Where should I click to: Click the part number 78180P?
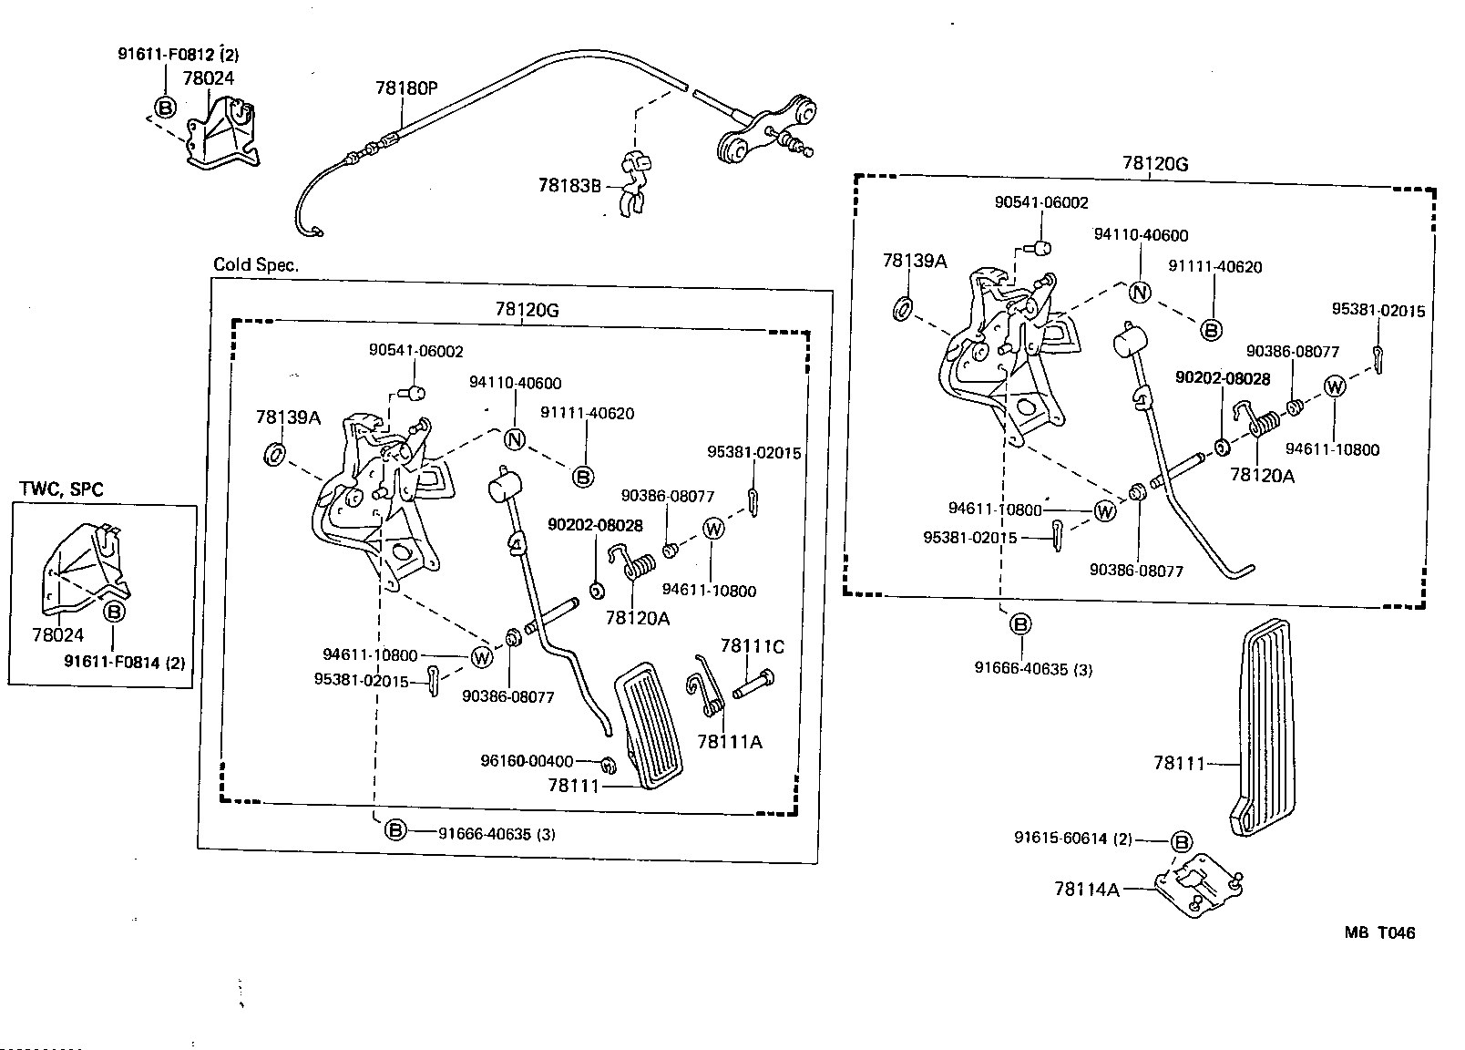point(406,88)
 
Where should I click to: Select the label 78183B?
point(569,186)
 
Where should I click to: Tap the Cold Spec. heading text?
point(256,264)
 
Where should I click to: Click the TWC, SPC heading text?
point(61,489)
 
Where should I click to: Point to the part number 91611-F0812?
point(165,54)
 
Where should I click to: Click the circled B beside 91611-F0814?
point(115,612)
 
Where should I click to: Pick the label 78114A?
point(1086,889)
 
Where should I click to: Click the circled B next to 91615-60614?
point(1180,842)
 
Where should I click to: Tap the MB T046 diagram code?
point(1379,932)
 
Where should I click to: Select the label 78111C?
point(752,646)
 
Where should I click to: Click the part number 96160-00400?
point(527,761)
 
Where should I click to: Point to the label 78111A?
point(729,742)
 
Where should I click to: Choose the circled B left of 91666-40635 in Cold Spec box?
point(395,829)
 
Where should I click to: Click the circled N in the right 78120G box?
point(1140,293)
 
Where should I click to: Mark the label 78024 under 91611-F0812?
point(208,78)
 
